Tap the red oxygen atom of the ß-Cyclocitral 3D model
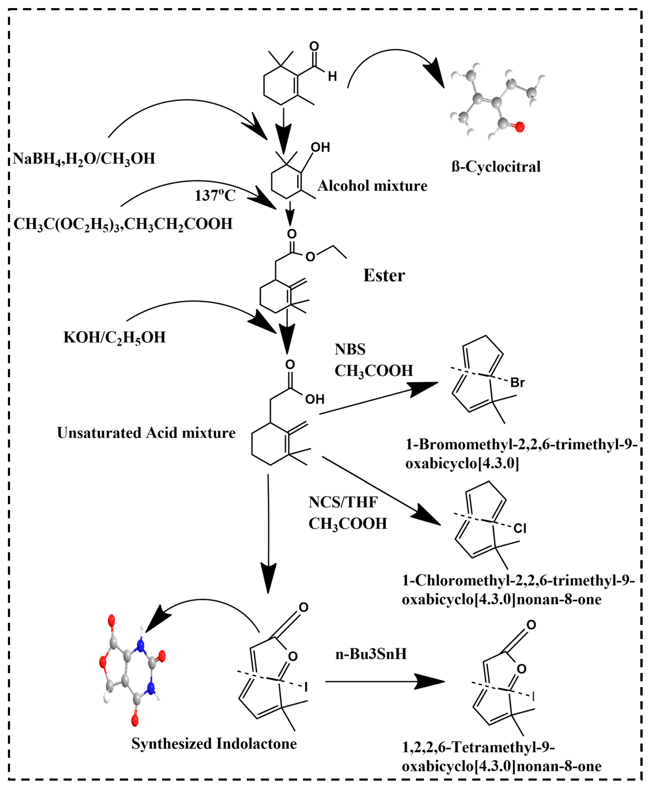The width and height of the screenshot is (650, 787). coord(520,127)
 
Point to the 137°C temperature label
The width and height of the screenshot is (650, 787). coord(215,195)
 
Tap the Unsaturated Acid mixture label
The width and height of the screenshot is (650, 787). coord(146,433)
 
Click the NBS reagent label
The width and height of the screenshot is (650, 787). coord(350,349)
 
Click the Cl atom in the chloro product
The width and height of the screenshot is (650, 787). coord(520,528)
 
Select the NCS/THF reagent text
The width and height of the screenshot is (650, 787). coord(343,502)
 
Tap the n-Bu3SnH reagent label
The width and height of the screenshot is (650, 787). coord(371,654)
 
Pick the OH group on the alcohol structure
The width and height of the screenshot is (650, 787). coord(320,147)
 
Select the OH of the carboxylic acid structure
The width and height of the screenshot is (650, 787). coord(315,399)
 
